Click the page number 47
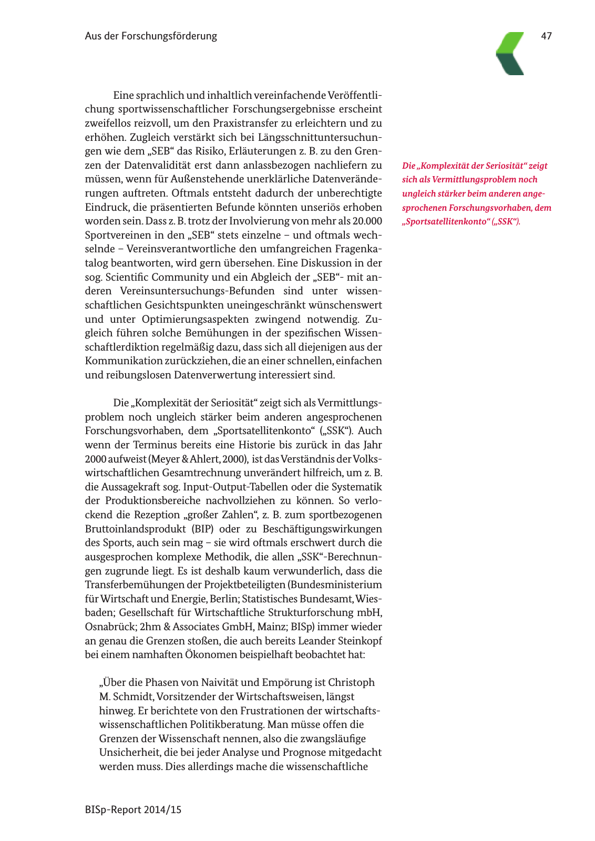click(546, 36)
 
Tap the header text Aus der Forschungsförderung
click(151, 36)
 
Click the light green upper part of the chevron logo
click(512, 42)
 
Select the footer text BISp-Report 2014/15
click(133, 809)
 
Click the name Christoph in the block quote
click(351, 682)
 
